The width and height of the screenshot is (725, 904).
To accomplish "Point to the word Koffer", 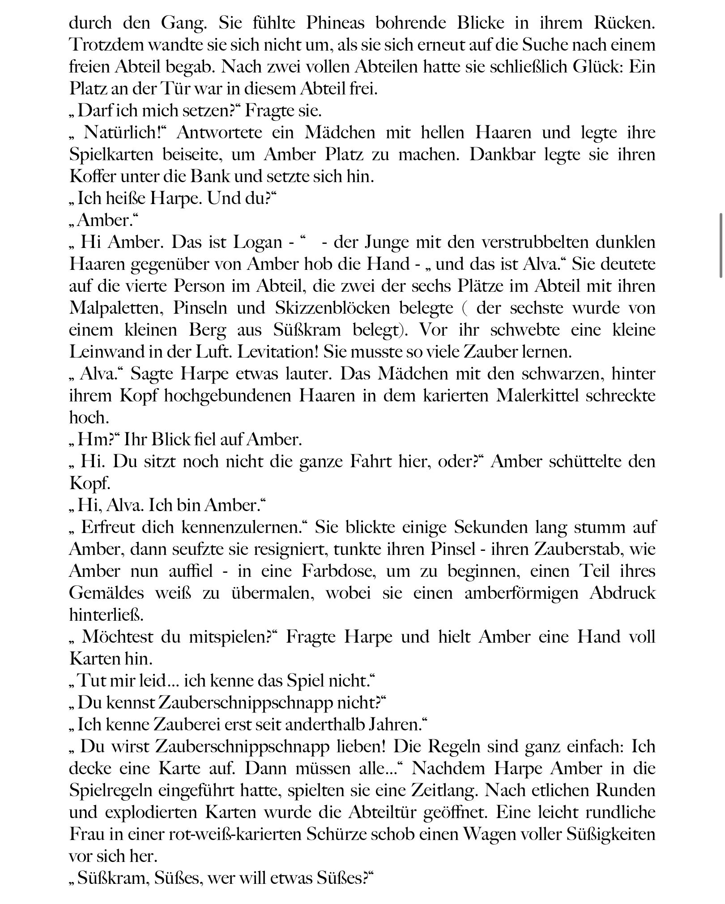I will [88, 176].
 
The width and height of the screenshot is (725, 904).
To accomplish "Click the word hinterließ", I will [106, 615].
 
